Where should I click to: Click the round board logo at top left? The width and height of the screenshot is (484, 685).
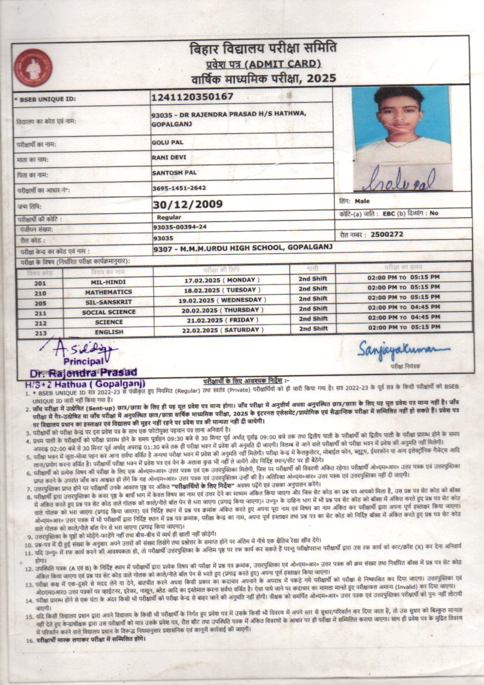(33, 67)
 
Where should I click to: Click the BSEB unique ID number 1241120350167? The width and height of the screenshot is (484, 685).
(192, 97)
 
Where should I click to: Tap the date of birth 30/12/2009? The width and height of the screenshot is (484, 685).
(187, 204)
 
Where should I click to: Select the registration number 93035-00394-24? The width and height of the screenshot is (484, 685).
(179, 227)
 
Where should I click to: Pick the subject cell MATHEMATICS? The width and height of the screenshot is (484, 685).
(108, 292)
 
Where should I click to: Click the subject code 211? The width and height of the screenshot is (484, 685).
(40, 312)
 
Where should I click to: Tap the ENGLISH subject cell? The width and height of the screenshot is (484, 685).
(108, 332)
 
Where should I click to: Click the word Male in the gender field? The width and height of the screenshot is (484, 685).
(362, 201)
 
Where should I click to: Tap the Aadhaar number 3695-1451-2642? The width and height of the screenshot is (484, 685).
(178, 188)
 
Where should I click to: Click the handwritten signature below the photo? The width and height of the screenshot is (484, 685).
(398, 179)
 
